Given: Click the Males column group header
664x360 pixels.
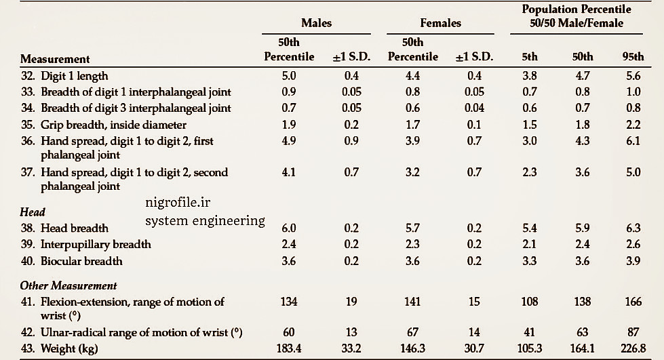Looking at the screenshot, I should pyautogui.click(x=316, y=23).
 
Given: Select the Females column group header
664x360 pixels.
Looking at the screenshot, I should pyautogui.click(x=440, y=23).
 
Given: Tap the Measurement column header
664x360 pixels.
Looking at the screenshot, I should pyautogui.click(x=55, y=59).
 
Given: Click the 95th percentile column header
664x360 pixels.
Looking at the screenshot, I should pyautogui.click(x=633, y=57).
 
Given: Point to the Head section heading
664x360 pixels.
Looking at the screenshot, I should pyautogui.click(x=32, y=212).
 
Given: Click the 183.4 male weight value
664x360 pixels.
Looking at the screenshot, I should pyautogui.click(x=289, y=348).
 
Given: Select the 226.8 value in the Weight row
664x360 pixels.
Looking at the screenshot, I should pyautogui.click(x=633, y=348).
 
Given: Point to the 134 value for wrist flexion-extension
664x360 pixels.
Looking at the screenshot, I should pyautogui.click(x=289, y=302).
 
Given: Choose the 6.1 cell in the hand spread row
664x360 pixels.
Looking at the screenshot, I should pyautogui.click(x=633, y=141).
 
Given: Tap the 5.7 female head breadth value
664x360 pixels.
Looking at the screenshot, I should pyautogui.click(x=412, y=228).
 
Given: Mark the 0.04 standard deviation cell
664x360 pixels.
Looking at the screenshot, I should pyautogui.click(x=474, y=108).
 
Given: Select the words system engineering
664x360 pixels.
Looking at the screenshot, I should pyautogui.click(x=205, y=220).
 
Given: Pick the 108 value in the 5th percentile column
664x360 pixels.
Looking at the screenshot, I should pyautogui.click(x=530, y=302).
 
